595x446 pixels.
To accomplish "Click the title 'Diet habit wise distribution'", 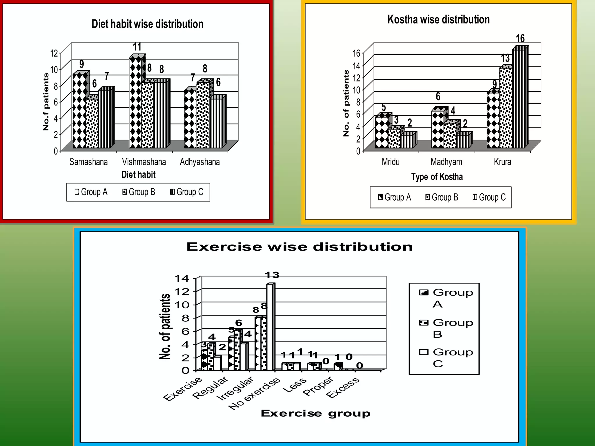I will tap(147, 24).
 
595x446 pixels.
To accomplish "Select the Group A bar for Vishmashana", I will tap(135, 103).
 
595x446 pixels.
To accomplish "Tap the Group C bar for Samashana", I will tap(104, 119).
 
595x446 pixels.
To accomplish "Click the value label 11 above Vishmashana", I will tap(137, 47).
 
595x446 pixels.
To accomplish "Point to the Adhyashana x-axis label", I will tap(200, 162).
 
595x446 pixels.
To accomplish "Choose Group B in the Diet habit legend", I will tap(139, 192).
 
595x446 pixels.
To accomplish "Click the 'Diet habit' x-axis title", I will tap(139, 175).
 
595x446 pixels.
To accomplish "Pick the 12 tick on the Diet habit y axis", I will tap(54, 53).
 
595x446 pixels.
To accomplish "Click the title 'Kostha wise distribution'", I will tap(438, 19).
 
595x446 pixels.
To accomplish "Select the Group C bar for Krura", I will tap(518, 99).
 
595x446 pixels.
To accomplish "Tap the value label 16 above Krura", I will tap(520, 38).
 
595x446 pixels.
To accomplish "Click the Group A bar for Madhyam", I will tap(438, 129).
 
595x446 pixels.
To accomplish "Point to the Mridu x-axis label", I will tap(390, 162).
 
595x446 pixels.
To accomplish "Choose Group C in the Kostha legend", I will tap(489, 197).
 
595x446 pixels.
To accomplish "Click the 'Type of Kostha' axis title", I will tap(437, 177).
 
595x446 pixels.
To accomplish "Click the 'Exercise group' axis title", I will tap(316, 413).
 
